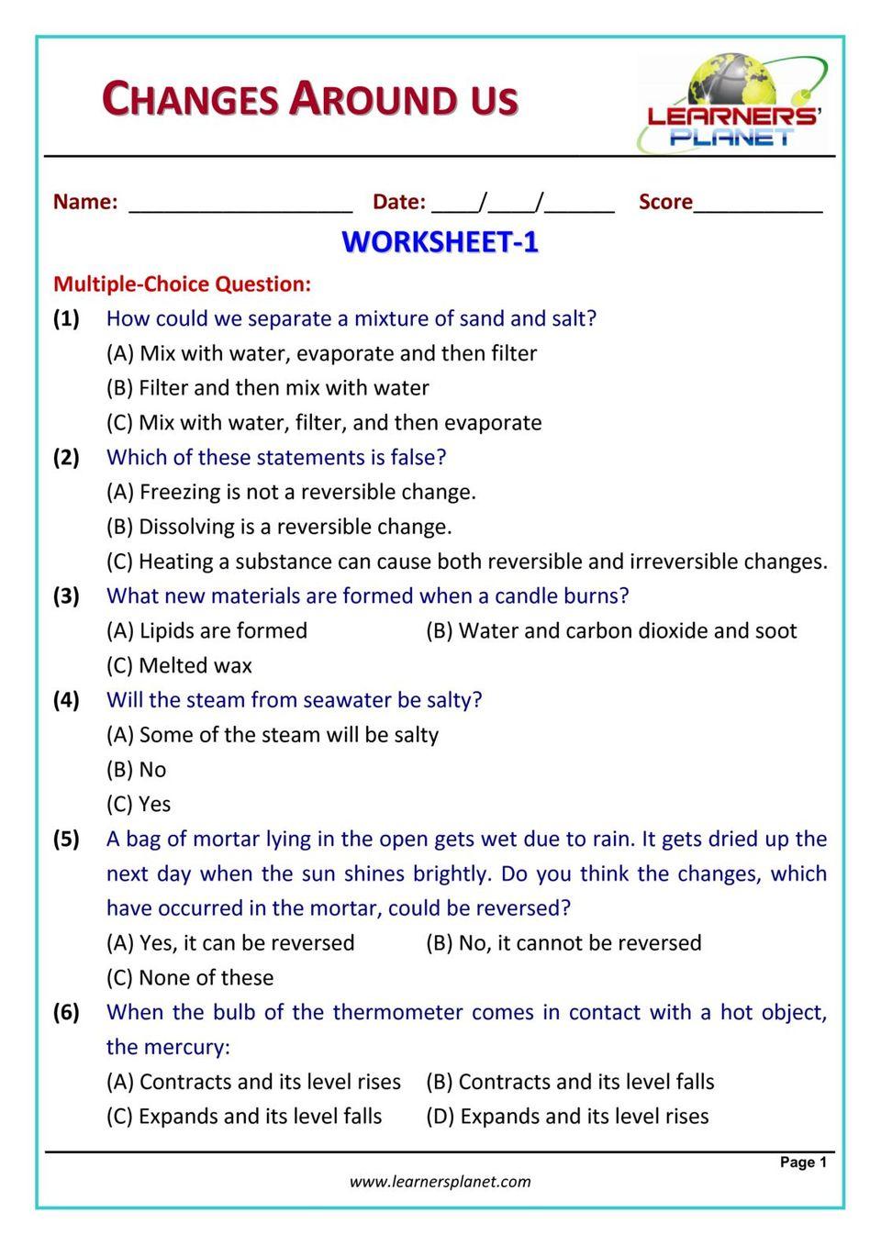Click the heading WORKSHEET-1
pyautogui.click(x=440, y=242)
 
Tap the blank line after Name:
pyautogui.click(x=240, y=204)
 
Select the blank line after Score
pyautogui.click(x=758, y=204)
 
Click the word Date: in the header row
pyautogui.click(x=398, y=202)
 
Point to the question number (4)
pyautogui.click(x=66, y=700)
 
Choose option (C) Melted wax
pyautogui.click(x=179, y=665)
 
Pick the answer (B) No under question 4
pyautogui.click(x=136, y=769)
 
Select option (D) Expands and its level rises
pyautogui.click(x=567, y=1116)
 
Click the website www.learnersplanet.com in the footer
pyautogui.click(x=440, y=1181)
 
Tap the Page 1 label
pyautogui.click(x=803, y=1162)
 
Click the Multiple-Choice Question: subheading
pyautogui.click(x=182, y=284)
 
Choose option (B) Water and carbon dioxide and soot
pyautogui.click(x=611, y=630)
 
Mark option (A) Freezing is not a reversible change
pyautogui.click(x=291, y=492)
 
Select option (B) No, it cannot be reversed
pyautogui.click(x=563, y=942)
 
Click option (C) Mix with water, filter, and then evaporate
pyautogui.click(x=324, y=422)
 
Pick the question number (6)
pyautogui.click(x=66, y=1012)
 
